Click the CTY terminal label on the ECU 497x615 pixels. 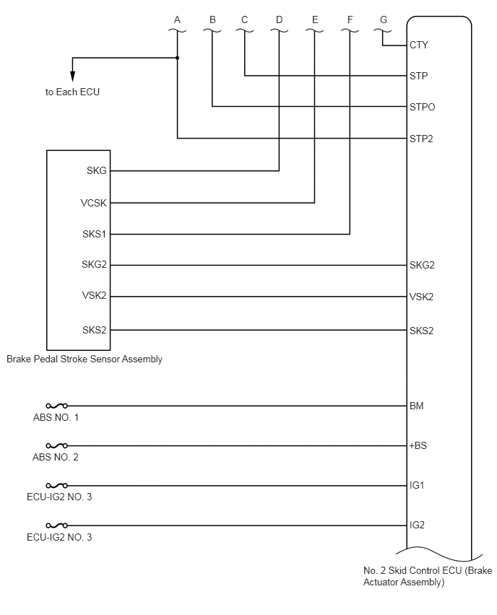pos(418,45)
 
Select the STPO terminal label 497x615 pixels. pos(422,107)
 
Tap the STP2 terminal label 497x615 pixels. pos(421,139)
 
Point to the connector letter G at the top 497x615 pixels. pos(384,19)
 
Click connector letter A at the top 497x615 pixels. pos(177,19)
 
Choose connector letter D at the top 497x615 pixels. pos(279,19)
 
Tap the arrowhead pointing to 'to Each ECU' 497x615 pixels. pos(72,76)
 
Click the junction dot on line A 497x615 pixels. pos(178,58)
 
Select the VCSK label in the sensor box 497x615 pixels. pos(93,203)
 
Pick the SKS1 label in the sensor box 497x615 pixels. pos(94,234)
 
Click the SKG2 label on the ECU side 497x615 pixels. pos(422,265)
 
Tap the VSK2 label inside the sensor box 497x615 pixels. pos(94,295)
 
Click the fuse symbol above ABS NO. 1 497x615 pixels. pos(56,406)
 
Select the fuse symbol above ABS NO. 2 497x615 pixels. pos(56,445)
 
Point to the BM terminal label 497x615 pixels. pos(417,406)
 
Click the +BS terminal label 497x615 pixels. pos(418,445)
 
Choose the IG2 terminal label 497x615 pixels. pos(417,525)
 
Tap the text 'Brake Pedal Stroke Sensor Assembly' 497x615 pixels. pos(85,359)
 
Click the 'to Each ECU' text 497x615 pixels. pos(72,92)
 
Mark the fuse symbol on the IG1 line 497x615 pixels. pos(56,486)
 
